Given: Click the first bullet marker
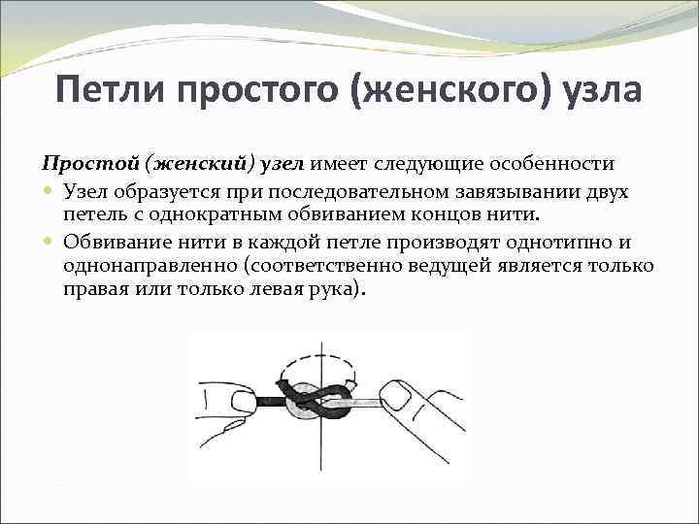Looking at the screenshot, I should (x=49, y=191).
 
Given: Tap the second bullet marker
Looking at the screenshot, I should (x=49, y=243).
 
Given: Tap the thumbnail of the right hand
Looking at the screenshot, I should (x=397, y=394).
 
